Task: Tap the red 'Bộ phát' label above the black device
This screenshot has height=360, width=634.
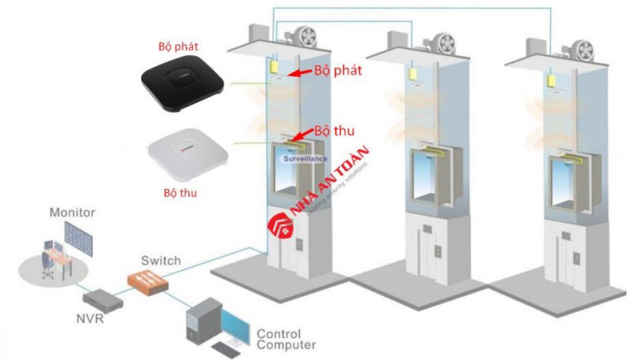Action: click(176, 46)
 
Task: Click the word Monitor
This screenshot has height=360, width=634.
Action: click(72, 213)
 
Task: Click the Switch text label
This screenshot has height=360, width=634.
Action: click(161, 260)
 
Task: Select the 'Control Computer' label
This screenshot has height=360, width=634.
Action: click(287, 339)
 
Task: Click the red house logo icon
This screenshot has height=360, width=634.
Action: click(282, 226)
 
